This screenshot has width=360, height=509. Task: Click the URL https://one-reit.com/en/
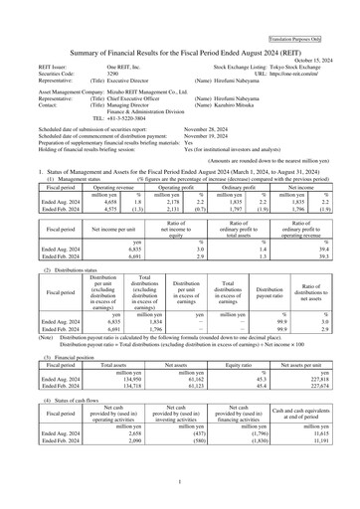pyautogui.click(x=309, y=46)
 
